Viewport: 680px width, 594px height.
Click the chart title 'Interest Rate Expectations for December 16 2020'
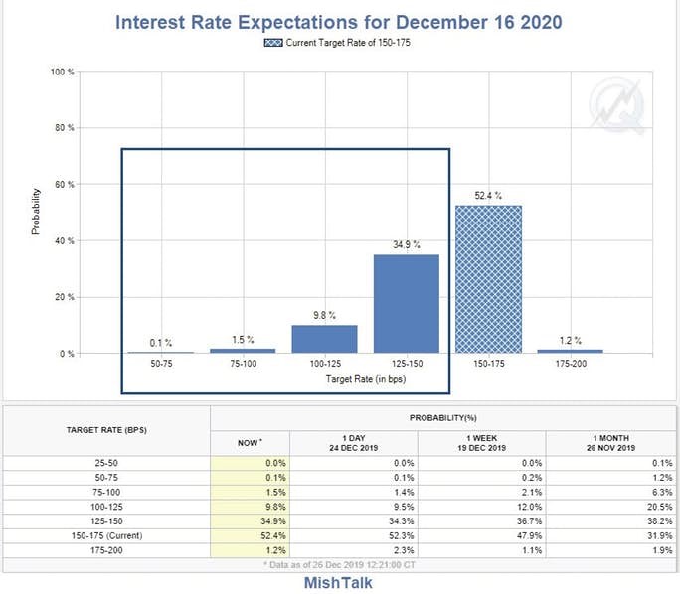pyautogui.click(x=340, y=21)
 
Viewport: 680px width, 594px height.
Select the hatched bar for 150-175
pyautogui.click(x=488, y=279)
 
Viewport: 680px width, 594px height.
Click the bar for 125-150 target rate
pyautogui.click(x=406, y=303)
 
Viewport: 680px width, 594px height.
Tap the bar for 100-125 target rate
pyautogui.click(x=324, y=339)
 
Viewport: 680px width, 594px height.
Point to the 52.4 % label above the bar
pyautogui.click(x=488, y=196)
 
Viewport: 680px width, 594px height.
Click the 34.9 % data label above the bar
pyautogui.click(x=406, y=244)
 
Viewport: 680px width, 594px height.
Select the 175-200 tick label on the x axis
pyautogui.click(x=570, y=366)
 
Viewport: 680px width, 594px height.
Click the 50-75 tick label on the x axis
pyautogui.click(x=160, y=366)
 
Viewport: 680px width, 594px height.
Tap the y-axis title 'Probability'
pyautogui.click(x=36, y=212)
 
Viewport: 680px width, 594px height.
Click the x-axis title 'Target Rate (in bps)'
pyautogui.click(x=365, y=379)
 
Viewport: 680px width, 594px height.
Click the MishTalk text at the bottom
pyautogui.click(x=338, y=583)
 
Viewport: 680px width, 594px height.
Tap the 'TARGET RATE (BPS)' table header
pyautogui.click(x=105, y=430)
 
